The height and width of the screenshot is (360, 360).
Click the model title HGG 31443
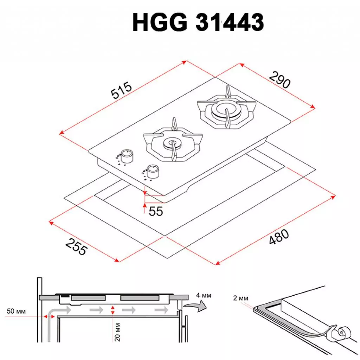(x=198, y=23)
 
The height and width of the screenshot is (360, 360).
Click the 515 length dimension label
(x=121, y=91)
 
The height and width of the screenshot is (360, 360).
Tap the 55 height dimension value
(x=156, y=211)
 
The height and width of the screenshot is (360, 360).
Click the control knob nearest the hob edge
(x=152, y=171)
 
